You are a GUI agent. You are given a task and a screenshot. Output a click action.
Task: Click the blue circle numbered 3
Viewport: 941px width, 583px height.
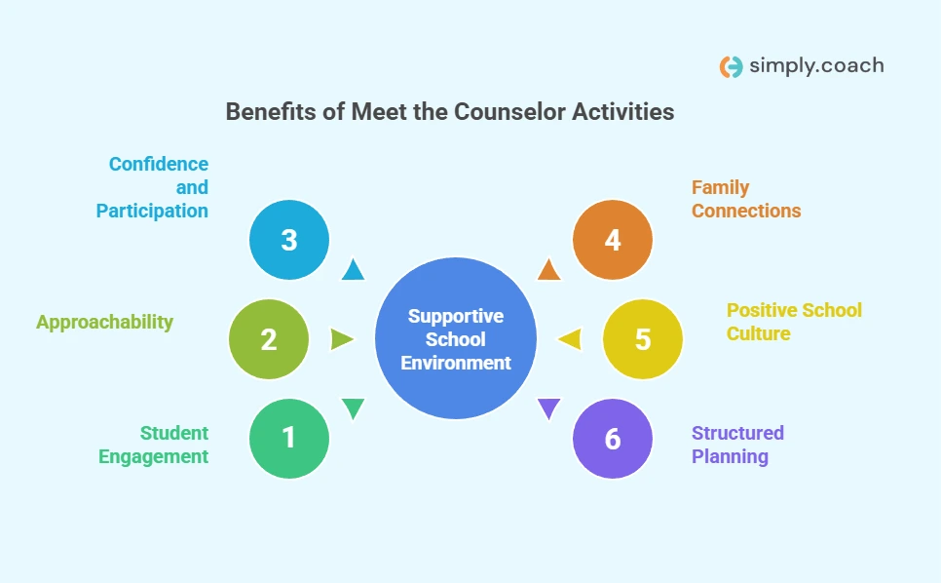[289, 240]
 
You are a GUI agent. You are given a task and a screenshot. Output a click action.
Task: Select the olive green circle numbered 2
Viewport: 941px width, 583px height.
[269, 339]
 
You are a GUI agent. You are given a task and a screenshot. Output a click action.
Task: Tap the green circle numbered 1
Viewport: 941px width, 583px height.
[289, 439]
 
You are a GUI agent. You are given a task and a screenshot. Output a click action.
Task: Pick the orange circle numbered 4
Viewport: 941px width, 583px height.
[612, 240]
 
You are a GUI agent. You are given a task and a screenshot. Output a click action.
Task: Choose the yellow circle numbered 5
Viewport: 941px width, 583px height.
[642, 339]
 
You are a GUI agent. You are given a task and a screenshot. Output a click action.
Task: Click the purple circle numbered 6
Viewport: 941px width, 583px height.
[612, 439]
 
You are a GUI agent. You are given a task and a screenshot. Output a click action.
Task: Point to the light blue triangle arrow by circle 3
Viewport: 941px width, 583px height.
[354, 271]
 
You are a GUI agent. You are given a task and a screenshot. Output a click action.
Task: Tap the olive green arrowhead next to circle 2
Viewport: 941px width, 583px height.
[341, 339]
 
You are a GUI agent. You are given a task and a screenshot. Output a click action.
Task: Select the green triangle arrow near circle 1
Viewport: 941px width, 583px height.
[353, 408]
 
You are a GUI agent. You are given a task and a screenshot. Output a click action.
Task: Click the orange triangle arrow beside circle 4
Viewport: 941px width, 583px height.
[549, 271]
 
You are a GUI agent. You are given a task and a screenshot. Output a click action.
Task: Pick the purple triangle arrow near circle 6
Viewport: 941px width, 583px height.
[549, 408]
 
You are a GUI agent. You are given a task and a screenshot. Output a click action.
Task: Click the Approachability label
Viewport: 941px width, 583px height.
[104, 322]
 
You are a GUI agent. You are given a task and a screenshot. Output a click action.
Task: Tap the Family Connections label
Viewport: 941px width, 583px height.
[746, 199]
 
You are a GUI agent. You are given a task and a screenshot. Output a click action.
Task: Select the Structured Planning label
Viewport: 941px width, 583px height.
[737, 445]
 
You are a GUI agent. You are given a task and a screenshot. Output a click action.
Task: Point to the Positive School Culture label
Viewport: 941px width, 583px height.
[794, 322]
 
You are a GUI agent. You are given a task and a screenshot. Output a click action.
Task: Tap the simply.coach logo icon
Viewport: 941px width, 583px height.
[731, 66]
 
